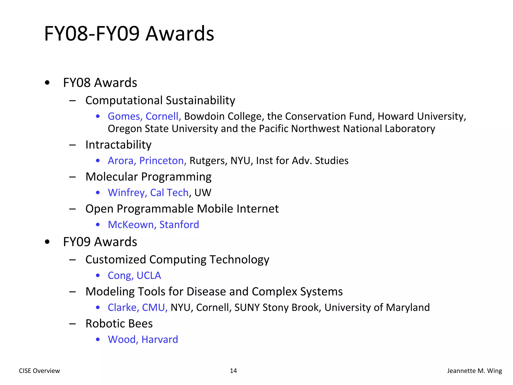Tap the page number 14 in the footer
click(233, 371)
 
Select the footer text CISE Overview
click(39, 371)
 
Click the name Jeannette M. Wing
click(474, 371)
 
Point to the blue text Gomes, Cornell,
click(144, 116)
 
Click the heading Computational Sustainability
click(160, 100)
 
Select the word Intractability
click(118, 145)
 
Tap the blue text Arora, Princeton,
click(147, 161)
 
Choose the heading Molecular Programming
click(148, 177)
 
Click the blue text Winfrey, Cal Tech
click(148, 192)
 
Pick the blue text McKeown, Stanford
click(153, 225)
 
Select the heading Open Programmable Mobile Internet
click(182, 209)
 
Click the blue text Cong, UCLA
click(134, 275)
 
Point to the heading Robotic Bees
click(119, 323)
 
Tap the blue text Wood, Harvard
click(143, 339)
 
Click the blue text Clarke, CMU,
click(138, 308)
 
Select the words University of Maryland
click(377, 308)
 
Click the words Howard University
click(421, 116)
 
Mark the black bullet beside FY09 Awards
click(47, 242)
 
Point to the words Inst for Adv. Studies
click(302, 161)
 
